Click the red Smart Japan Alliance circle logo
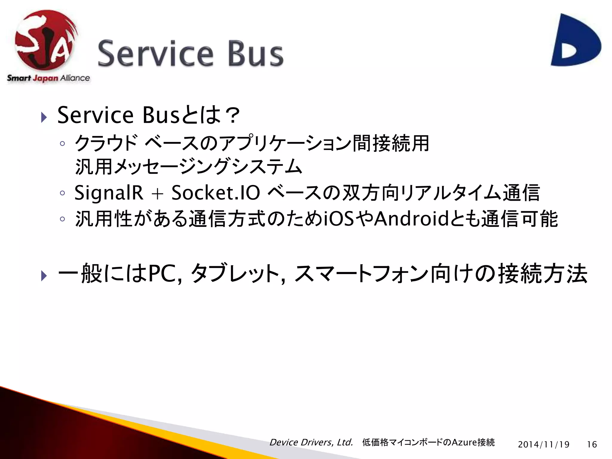(45, 40)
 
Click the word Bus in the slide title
(255, 54)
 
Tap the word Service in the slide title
(155, 54)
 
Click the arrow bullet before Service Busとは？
(44, 117)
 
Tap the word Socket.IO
(215, 192)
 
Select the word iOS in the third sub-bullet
(339, 219)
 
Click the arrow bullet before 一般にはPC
(44, 276)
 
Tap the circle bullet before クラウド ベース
(62, 144)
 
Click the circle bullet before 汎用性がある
(62, 219)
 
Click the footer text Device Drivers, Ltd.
(311, 442)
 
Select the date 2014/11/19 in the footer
(544, 445)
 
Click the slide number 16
(592, 445)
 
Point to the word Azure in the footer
(464, 442)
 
